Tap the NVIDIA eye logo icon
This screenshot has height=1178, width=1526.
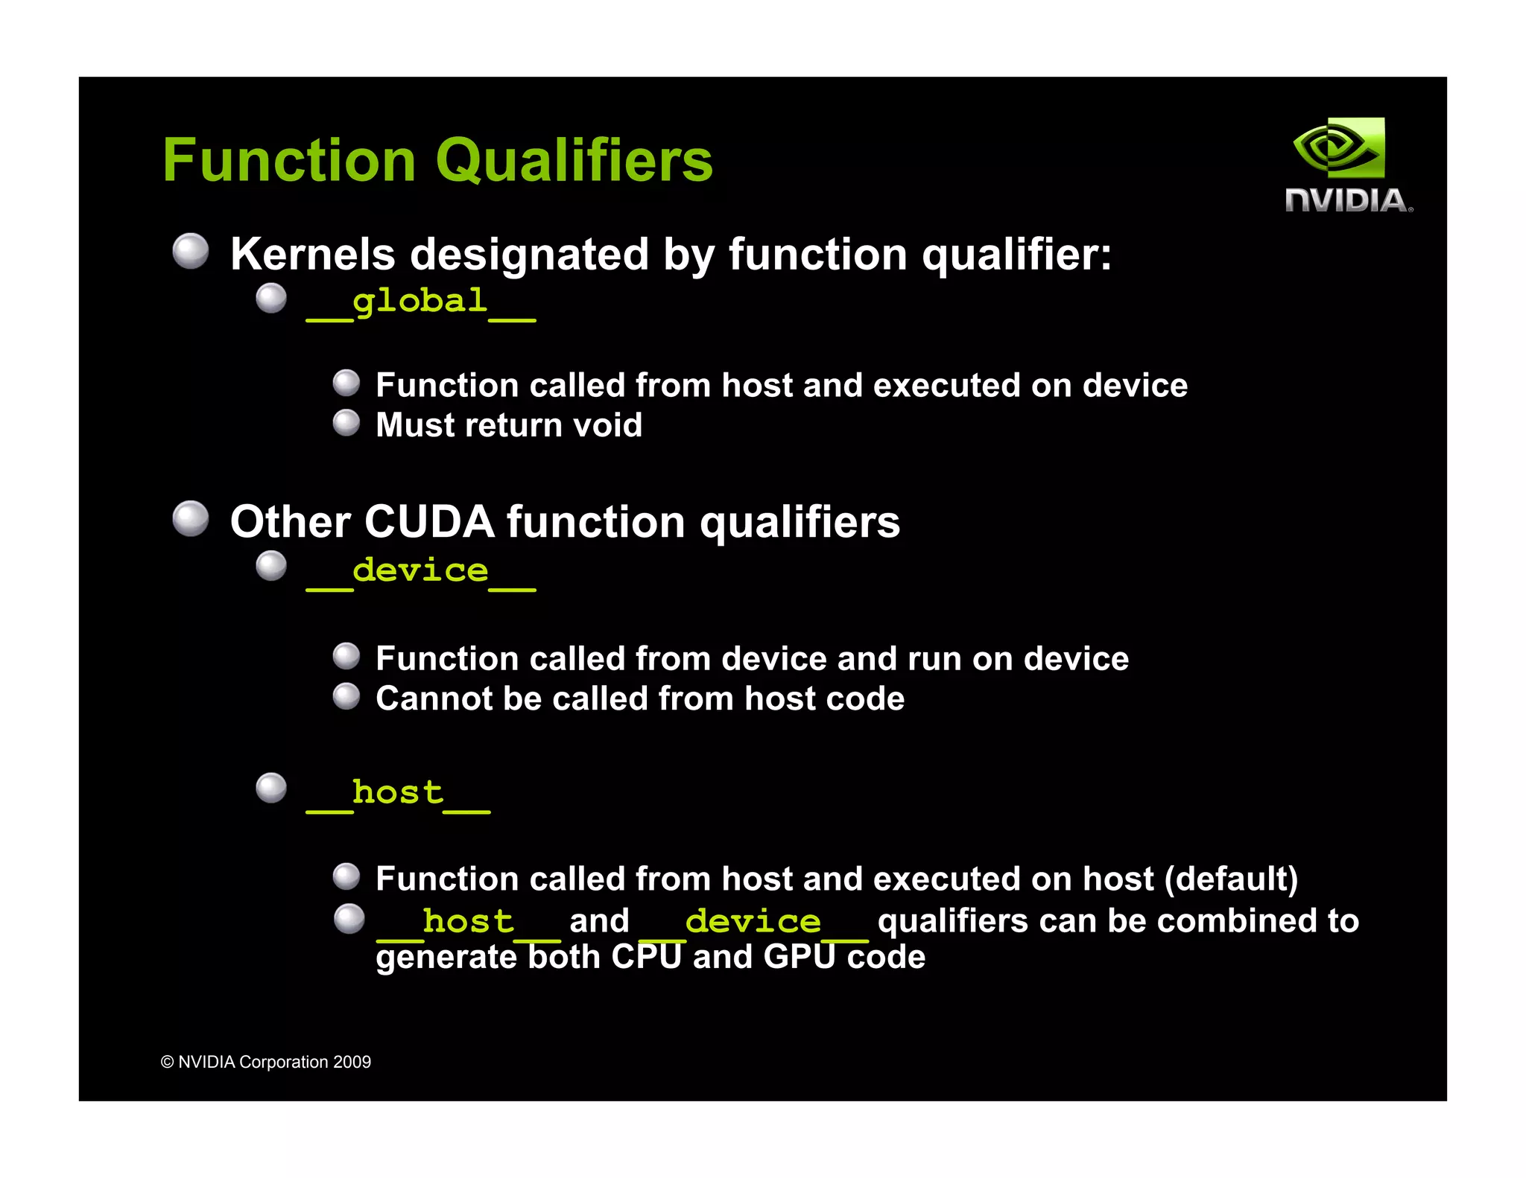1339,148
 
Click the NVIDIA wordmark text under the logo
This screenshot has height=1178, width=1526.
1347,200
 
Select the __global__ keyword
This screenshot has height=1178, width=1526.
421,303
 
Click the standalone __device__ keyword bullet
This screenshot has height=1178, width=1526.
421,572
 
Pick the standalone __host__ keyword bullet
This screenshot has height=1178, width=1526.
398,794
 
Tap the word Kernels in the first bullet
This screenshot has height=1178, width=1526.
313,255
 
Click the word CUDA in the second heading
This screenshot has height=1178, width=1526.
429,522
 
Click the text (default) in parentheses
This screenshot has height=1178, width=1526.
1231,879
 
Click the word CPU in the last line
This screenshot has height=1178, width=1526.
647,957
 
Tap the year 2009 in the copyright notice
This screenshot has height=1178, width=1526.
352,1063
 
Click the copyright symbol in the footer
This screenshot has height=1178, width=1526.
168,1063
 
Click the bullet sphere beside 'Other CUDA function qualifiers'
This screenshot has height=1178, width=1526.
191,519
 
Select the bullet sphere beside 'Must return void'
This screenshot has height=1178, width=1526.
346,423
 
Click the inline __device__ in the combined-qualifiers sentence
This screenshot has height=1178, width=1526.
753,923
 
